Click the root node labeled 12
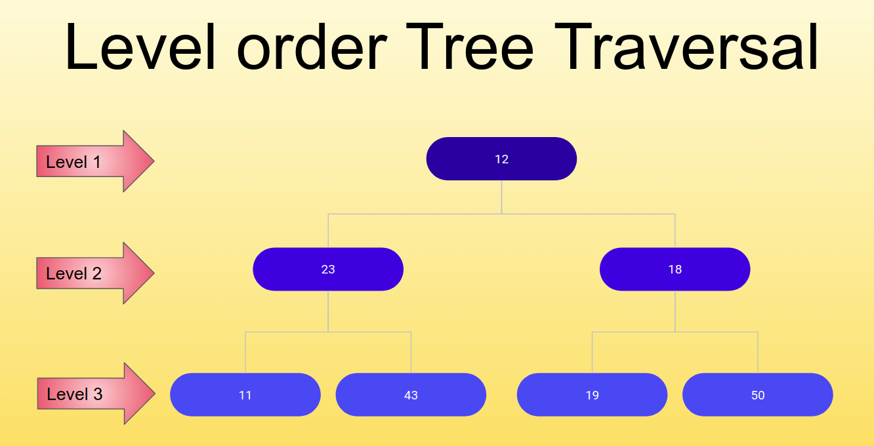(501, 159)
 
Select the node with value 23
(328, 269)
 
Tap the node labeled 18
(675, 269)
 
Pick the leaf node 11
(245, 395)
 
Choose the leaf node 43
(411, 395)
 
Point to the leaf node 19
(592, 395)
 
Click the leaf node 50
(758, 395)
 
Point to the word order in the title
(311, 47)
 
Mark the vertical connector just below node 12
(502, 197)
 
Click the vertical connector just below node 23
(328, 312)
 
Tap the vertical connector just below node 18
(675, 312)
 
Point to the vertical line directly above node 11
(245, 353)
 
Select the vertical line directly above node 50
(758, 353)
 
